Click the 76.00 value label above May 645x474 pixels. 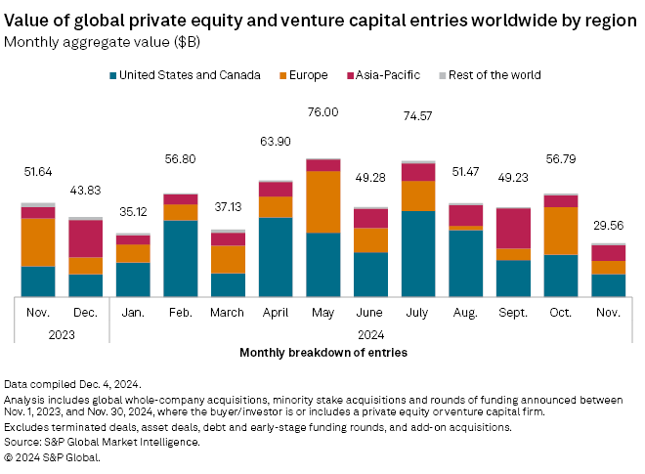pos(322,112)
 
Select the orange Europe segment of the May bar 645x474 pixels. pos(322,201)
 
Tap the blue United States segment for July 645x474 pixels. pos(418,253)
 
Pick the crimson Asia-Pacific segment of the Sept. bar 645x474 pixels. pos(513,228)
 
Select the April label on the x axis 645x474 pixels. pos(275,313)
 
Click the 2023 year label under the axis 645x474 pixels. pos(62,332)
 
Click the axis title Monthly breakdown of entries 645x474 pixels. pos(323,351)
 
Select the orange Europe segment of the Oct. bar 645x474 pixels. pos(561,231)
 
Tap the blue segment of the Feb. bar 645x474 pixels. pos(180,258)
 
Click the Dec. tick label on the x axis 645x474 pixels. pos(85,313)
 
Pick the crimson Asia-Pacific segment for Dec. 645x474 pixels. pos(85,238)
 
